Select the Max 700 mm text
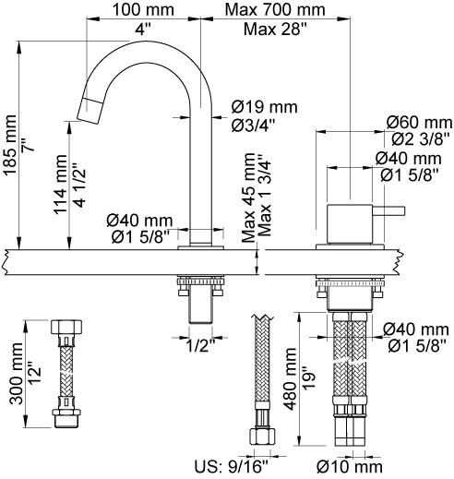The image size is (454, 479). pos(271,11)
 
